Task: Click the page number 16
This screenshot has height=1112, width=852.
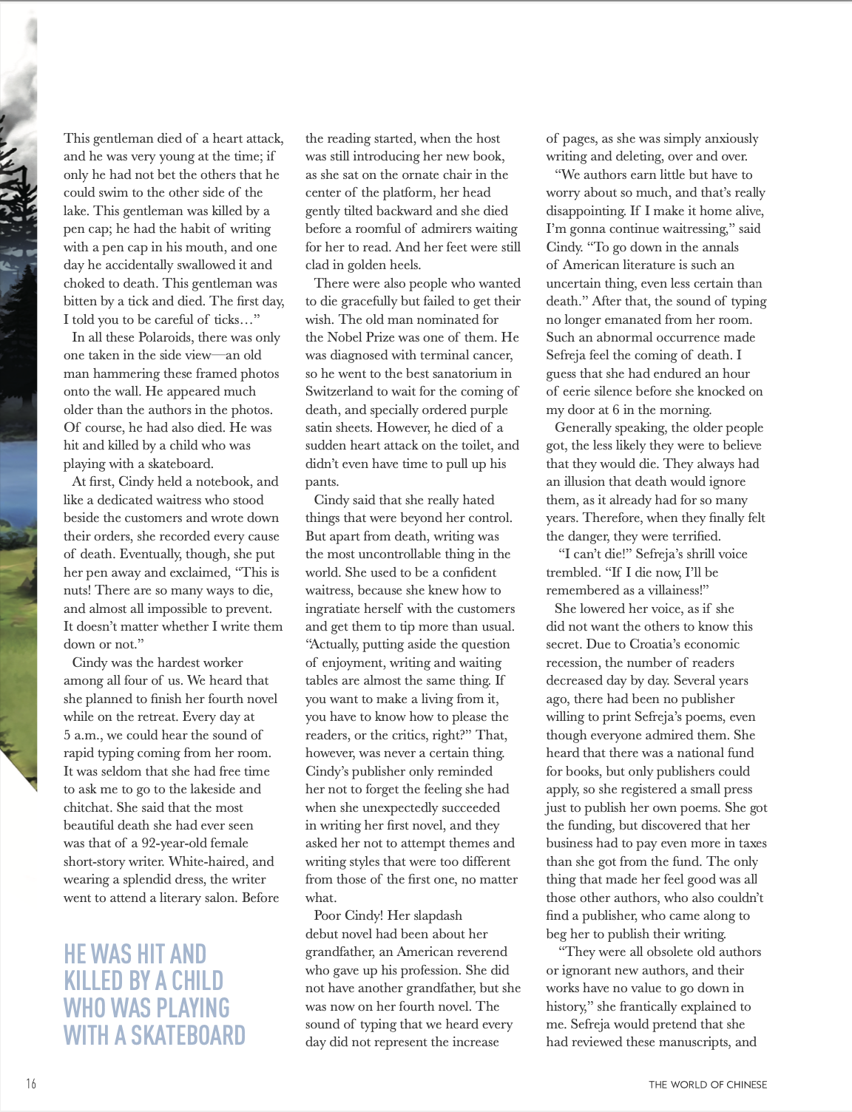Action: click(30, 1084)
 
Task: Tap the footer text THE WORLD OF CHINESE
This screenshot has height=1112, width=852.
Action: click(708, 1085)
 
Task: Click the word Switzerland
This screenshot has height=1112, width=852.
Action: click(342, 391)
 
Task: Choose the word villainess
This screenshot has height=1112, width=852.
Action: click(672, 590)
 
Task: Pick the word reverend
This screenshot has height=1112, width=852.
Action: click(477, 952)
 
